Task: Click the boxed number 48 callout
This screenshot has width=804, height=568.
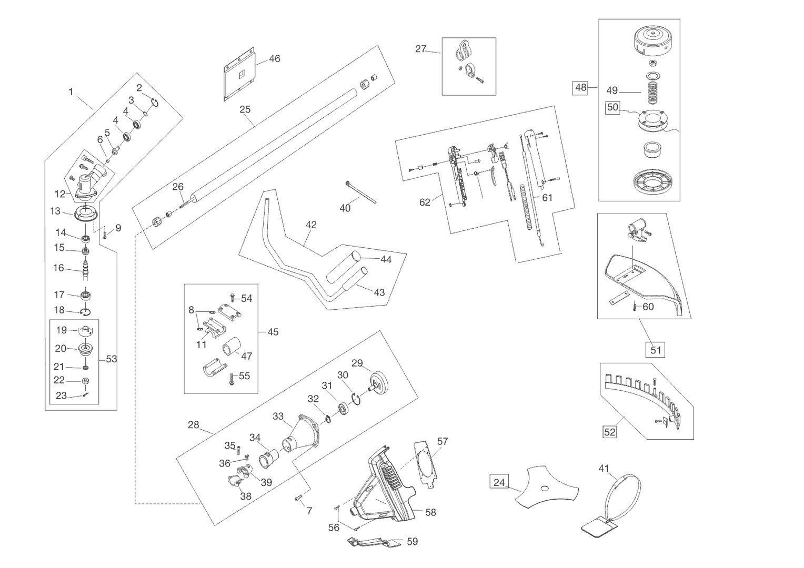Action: click(x=580, y=88)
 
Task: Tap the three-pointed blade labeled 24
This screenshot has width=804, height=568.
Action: click(x=546, y=487)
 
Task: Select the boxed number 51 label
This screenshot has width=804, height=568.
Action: click(x=655, y=350)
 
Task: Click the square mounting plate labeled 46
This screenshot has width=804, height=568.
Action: click(x=239, y=74)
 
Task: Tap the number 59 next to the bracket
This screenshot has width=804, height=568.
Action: click(x=413, y=541)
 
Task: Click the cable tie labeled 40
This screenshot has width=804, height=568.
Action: click(x=361, y=192)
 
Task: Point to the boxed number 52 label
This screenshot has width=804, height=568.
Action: click(x=609, y=432)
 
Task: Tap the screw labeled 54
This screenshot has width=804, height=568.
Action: click(x=233, y=298)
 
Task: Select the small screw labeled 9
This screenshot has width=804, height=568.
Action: click(x=105, y=236)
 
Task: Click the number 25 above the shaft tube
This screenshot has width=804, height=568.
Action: click(x=245, y=109)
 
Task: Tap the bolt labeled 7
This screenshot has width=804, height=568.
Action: click(x=299, y=498)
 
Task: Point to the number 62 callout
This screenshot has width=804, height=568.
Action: click(x=425, y=202)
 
